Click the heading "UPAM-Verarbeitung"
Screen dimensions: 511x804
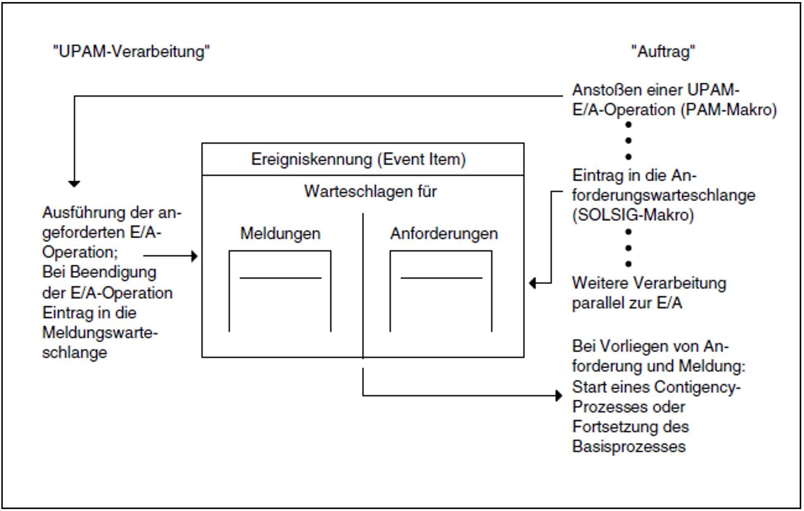click(x=131, y=52)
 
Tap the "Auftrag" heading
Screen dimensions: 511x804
click(x=663, y=52)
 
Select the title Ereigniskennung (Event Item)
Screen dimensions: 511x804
click(x=358, y=159)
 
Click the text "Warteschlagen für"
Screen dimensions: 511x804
click(x=370, y=192)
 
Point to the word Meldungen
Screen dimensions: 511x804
click(x=280, y=234)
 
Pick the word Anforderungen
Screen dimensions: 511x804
click(x=444, y=234)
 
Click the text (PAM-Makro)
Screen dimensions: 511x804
click(x=728, y=110)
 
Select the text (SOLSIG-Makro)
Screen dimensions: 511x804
click(x=633, y=215)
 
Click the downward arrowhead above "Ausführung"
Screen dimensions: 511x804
click(x=74, y=184)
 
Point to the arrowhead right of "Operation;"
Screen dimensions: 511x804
click(x=194, y=256)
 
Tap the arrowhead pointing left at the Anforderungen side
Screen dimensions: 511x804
click(x=533, y=283)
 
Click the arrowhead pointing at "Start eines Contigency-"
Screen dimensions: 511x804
click(x=558, y=395)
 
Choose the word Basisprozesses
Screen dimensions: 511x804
click(x=629, y=447)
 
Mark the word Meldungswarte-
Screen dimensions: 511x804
click(x=100, y=333)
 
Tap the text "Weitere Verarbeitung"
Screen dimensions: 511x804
click(x=649, y=283)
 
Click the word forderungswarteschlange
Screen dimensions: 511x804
click(x=663, y=195)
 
